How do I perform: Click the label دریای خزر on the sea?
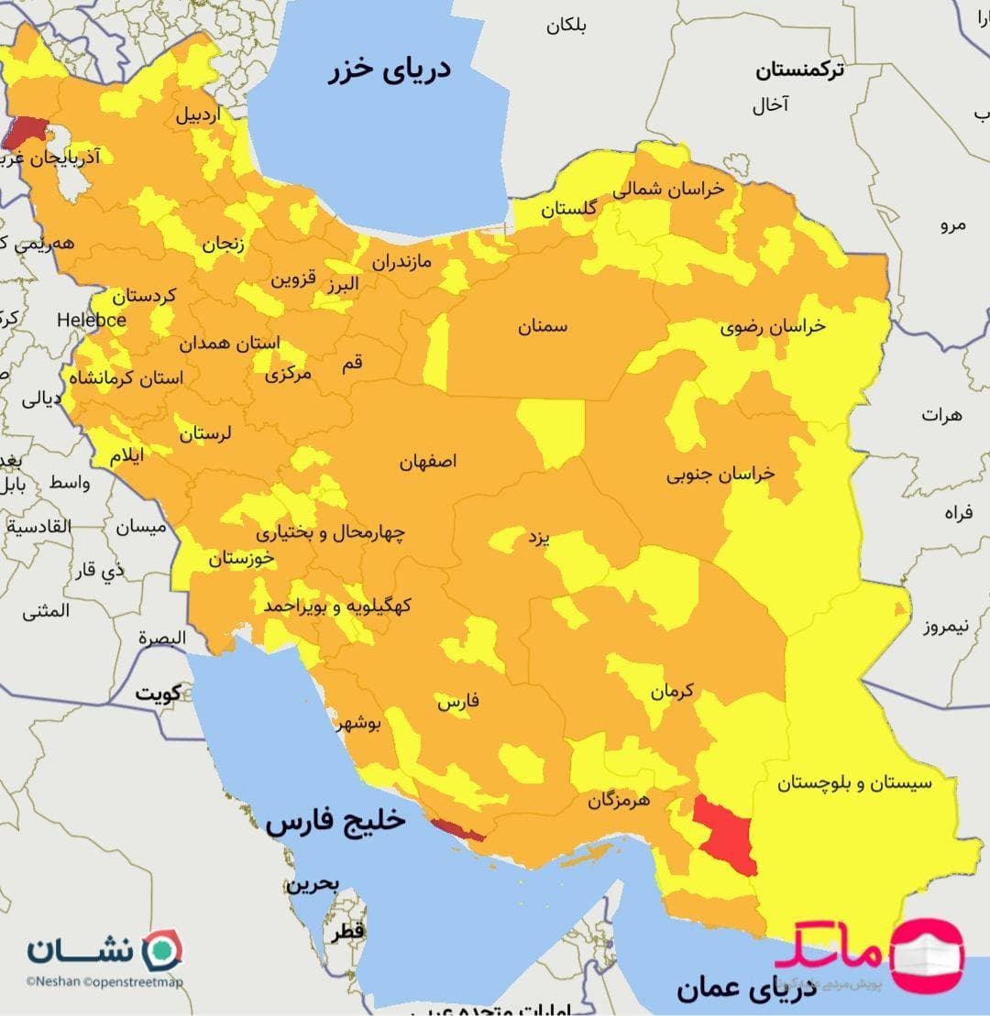(390, 71)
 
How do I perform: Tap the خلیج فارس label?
(335, 822)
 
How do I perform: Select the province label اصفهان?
(427, 462)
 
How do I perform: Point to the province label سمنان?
(543, 326)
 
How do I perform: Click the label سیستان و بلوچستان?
(854, 783)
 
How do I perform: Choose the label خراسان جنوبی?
(720, 474)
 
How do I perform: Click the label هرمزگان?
(619, 800)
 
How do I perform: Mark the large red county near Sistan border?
(726, 834)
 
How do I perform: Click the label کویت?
(158, 693)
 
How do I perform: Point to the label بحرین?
(312, 885)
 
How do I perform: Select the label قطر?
(348, 933)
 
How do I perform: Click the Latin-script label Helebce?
(92, 320)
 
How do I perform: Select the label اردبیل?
(199, 116)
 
